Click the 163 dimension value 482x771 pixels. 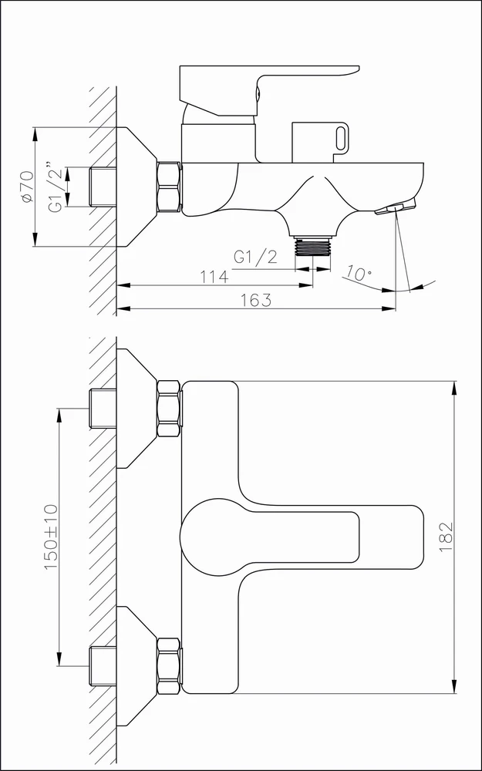(x=256, y=300)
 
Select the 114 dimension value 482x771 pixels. (x=214, y=276)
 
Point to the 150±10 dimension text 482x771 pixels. (x=51, y=537)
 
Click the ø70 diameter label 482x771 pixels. (x=28, y=187)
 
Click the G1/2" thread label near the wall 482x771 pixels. (x=56, y=187)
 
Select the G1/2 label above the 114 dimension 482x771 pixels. (x=255, y=257)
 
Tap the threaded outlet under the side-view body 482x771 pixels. (x=312, y=246)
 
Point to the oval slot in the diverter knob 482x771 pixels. (x=341, y=137)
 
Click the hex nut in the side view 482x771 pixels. (x=169, y=187)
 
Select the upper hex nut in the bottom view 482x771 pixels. (x=169, y=409)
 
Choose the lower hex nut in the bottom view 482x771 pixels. (x=169, y=666)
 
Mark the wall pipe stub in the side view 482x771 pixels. (x=103, y=187)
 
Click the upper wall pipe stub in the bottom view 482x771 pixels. (x=103, y=409)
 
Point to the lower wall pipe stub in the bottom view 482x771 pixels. (x=103, y=666)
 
